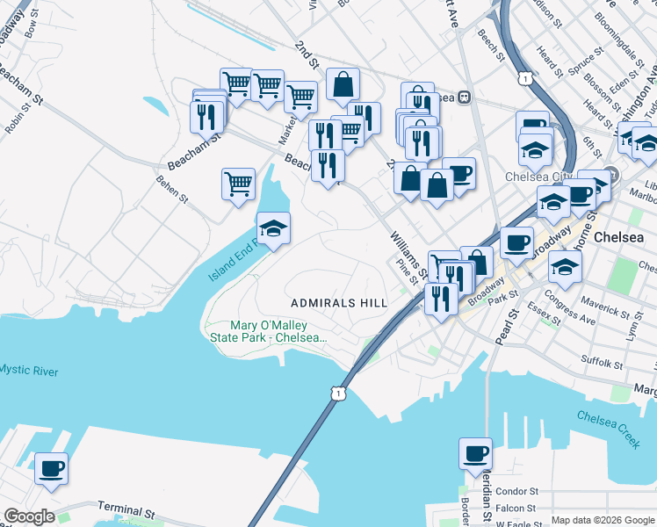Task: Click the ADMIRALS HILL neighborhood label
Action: (339, 302)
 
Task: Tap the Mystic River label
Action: (29, 372)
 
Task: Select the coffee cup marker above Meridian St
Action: (475, 454)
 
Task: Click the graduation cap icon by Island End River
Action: (273, 230)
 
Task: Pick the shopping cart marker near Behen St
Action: (238, 184)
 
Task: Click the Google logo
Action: (28, 516)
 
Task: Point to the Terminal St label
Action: (126, 509)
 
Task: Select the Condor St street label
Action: (516, 492)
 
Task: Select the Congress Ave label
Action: (570, 309)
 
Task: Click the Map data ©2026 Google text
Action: (603, 520)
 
